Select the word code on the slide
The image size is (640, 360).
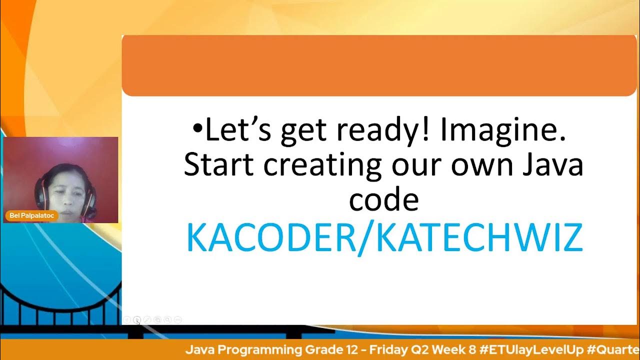coord(383,200)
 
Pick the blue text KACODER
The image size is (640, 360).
coord(270,238)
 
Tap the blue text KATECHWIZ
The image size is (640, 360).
coord(480,238)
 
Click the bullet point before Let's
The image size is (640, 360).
coord(198,130)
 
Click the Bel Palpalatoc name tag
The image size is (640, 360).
coord(31,216)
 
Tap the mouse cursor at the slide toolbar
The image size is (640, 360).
coord(137,321)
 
